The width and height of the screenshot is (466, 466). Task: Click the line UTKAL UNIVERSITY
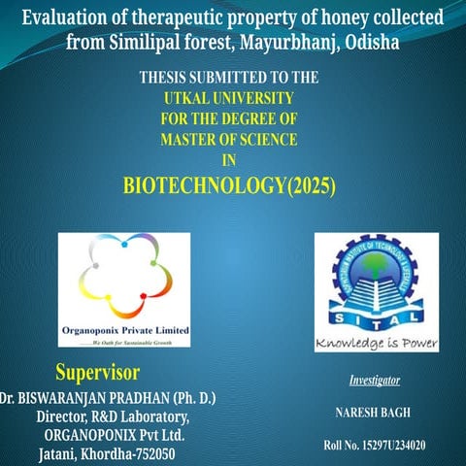pyautogui.click(x=229, y=97)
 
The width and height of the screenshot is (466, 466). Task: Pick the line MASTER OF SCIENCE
pyautogui.click(x=229, y=140)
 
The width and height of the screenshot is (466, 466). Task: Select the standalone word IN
pyautogui.click(x=229, y=161)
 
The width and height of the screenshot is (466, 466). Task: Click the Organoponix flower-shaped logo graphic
pyautogui.click(x=123, y=277)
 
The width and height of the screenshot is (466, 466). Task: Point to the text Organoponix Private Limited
pyautogui.click(x=125, y=330)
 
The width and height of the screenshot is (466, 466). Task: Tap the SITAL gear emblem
pyautogui.click(x=376, y=281)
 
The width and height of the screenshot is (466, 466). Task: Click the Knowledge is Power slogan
pyautogui.click(x=377, y=344)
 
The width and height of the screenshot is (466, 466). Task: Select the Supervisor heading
pyautogui.click(x=97, y=373)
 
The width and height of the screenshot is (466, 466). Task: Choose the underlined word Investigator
pyautogui.click(x=375, y=380)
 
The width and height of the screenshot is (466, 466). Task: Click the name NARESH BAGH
pyautogui.click(x=375, y=413)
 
